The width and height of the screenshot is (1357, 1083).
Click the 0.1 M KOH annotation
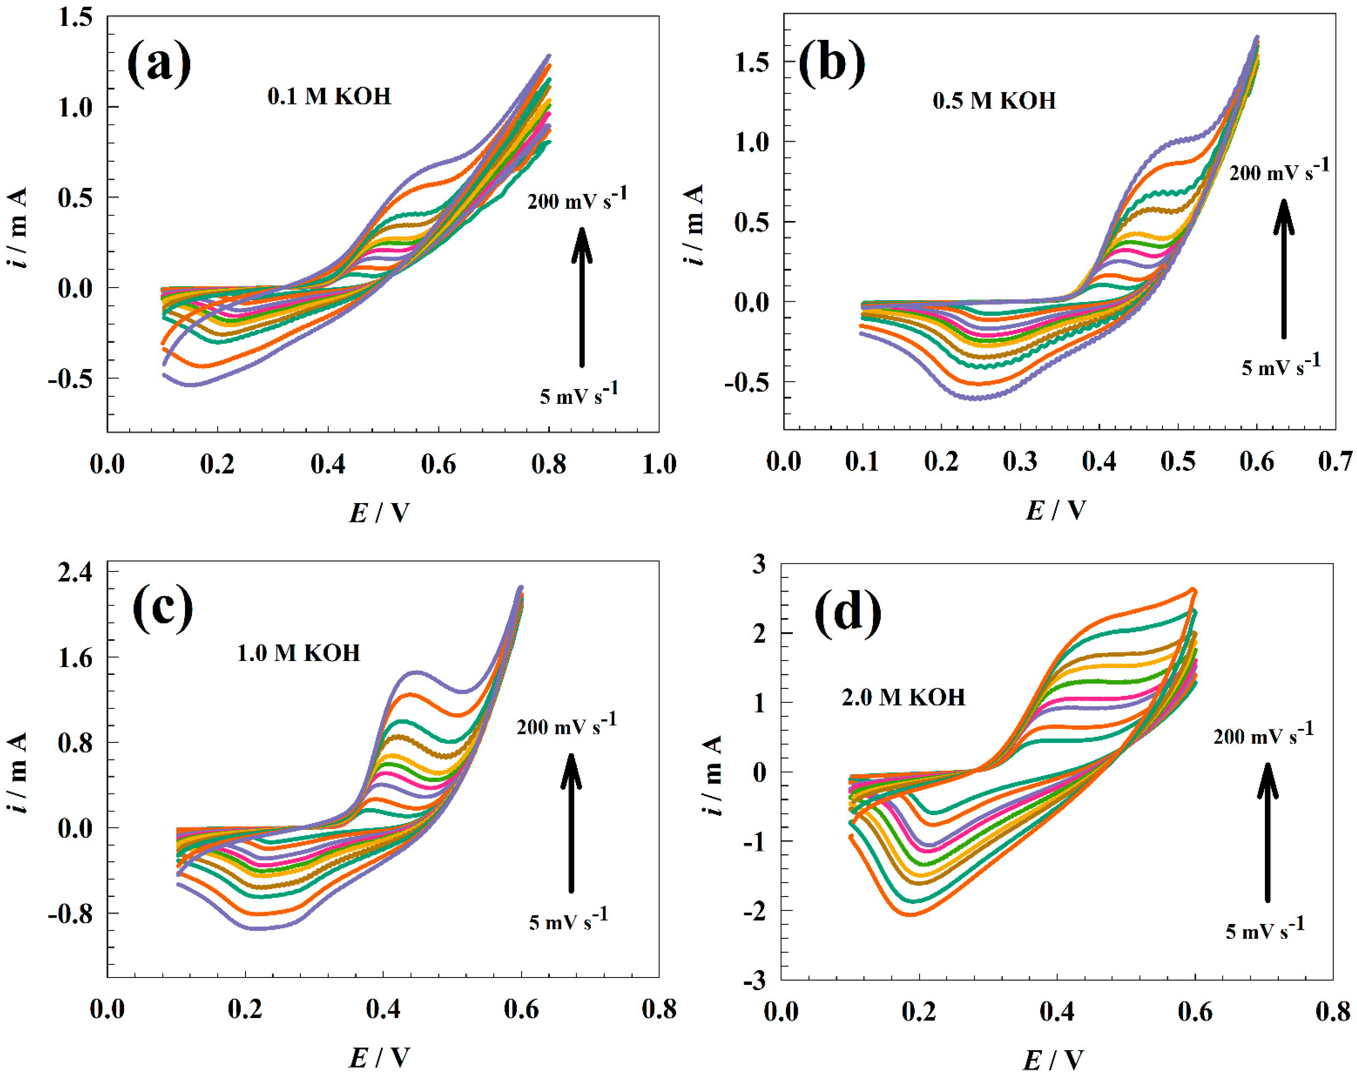point(329,96)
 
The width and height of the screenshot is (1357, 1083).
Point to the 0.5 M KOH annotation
point(994,101)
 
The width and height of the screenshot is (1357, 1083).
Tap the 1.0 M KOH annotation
point(298,653)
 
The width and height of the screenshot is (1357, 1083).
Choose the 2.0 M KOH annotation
point(903,697)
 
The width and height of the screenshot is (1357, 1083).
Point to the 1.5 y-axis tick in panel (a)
point(74,17)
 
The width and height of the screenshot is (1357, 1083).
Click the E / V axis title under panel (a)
point(379,513)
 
